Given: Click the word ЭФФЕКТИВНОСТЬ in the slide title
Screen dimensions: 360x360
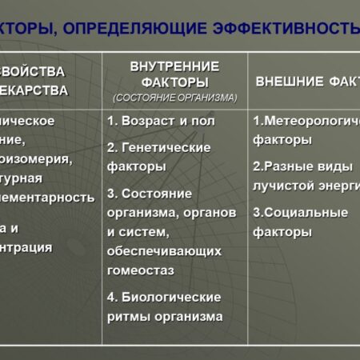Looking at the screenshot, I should click(x=289, y=30).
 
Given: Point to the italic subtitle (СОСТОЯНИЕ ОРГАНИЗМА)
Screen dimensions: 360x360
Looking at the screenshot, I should click(x=174, y=98).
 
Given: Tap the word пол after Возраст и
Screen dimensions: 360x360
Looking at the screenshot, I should click(x=203, y=121).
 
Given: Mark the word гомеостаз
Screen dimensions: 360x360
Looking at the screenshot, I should click(x=141, y=270).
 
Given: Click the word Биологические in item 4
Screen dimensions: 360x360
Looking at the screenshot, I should click(x=170, y=297).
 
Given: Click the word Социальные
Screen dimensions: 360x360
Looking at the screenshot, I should click(x=306, y=213).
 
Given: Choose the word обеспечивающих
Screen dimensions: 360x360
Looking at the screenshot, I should click(x=164, y=251).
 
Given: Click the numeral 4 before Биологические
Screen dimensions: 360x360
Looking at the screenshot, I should click(x=111, y=297).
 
